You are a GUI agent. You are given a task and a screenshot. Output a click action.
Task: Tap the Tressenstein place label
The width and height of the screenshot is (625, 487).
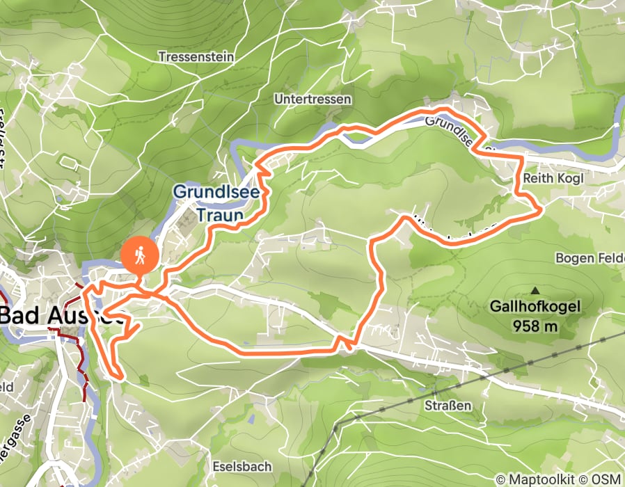point(196,56)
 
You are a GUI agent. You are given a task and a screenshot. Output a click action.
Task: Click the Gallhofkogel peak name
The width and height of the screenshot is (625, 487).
point(535,306)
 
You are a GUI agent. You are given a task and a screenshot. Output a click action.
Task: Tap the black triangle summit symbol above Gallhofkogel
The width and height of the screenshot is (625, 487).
point(535,290)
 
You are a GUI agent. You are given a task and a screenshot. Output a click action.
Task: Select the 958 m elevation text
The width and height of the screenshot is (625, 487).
point(535,325)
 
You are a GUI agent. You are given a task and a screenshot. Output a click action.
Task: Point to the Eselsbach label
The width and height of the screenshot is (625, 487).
point(243,466)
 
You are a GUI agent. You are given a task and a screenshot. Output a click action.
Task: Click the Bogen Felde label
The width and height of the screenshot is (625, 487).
point(589,258)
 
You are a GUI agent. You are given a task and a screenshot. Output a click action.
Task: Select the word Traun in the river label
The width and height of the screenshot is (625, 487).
point(219,216)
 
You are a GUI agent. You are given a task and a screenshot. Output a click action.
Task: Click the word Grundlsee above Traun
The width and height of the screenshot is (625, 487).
point(216,191)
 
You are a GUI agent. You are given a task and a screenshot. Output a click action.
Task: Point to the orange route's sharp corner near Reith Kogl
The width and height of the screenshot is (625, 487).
point(541,209)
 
